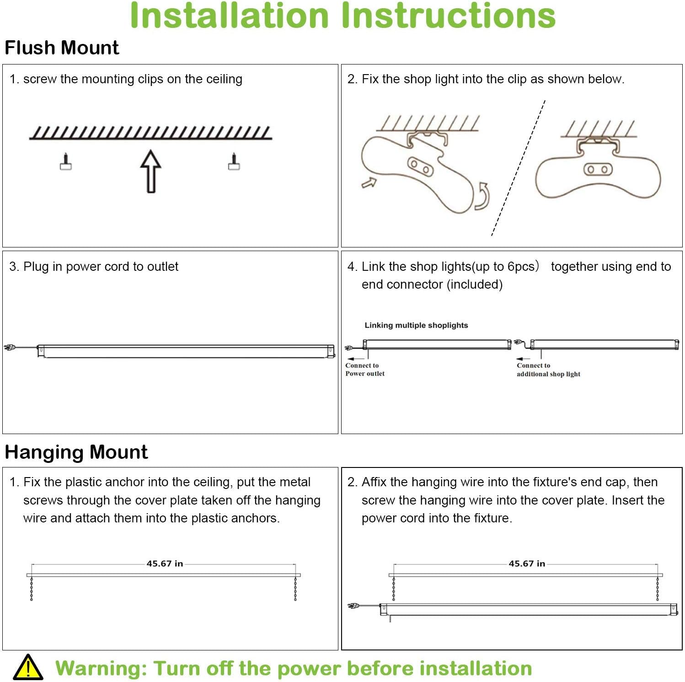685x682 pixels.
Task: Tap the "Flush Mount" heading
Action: click(x=62, y=48)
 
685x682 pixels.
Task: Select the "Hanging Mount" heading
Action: click(x=76, y=452)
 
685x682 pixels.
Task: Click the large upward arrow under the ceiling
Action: click(x=151, y=171)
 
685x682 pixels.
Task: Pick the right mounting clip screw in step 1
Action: click(x=234, y=161)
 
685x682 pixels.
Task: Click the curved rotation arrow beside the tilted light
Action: click(x=483, y=196)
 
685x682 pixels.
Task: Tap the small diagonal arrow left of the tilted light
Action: click(x=369, y=183)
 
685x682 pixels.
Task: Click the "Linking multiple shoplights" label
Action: click(x=416, y=325)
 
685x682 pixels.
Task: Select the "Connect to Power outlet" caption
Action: click(x=364, y=370)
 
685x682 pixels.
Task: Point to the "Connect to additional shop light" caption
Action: click(x=548, y=370)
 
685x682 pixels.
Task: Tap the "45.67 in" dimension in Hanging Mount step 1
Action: click(x=165, y=564)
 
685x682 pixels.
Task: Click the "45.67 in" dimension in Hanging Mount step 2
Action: click(x=527, y=564)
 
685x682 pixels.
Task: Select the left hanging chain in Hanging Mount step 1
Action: click(x=32, y=589)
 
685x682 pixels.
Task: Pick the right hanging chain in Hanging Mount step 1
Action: click(x=295, y=589)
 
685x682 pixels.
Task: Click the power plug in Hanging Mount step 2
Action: click(x=353, y=606)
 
